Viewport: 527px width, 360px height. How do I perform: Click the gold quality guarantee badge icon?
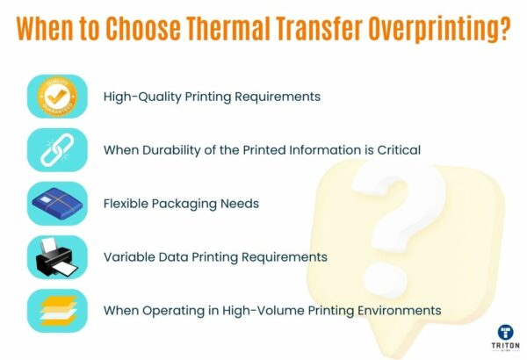pos(56,96)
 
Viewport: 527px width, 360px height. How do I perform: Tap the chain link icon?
pos(56,149)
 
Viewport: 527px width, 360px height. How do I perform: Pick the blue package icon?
pos(56,204)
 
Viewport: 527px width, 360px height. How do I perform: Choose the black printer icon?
pos(56,257)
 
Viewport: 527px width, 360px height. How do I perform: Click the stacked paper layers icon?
pos(56,310)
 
